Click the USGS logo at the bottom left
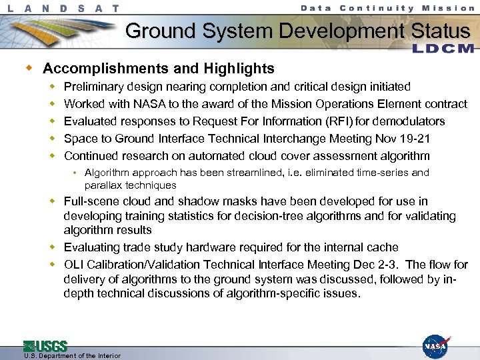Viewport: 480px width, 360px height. [x=45, y=346]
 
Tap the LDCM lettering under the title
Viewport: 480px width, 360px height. [x=443, y=49]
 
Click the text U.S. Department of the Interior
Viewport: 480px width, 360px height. [x=72, y=356]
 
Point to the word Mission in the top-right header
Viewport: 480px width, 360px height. [x=451, y=8]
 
